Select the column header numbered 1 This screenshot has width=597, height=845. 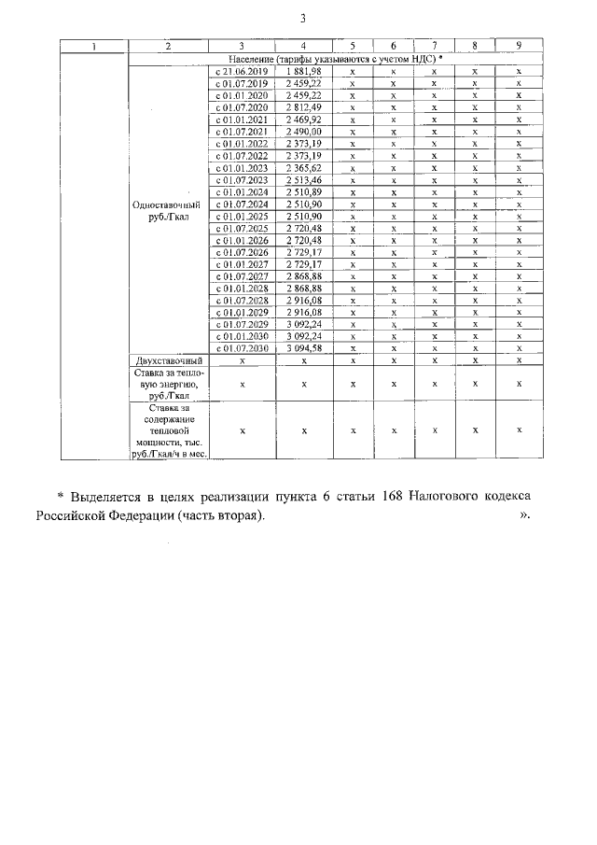91,46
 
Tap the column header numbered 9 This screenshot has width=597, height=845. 518,46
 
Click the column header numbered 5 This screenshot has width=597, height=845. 352,46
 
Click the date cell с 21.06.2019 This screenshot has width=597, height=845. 242,71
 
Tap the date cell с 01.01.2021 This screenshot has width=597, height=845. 242,120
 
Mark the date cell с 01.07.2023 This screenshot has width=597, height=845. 242,180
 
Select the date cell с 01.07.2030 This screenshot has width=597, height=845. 242,348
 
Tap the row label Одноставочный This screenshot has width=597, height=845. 167,204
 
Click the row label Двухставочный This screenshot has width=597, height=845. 167,360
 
